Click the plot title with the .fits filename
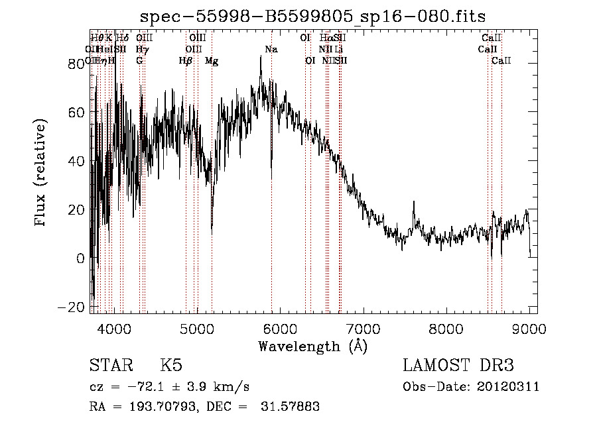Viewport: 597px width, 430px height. pyautogui.click(x=318, y=17)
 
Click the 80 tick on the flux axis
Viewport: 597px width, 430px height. pyautogui.click(x=77, y=64)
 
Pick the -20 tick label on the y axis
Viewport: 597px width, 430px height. pyautogui.click(x=72, y=307)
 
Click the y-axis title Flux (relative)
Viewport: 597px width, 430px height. pyautogui.click(x=41, y=173)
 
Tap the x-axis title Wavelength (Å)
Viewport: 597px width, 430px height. pyautogui.click(x=312, y=346)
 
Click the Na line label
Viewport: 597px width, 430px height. pyautogui.click(x=271, y=50)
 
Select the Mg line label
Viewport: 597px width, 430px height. pyautogui.click(x=212, y=61)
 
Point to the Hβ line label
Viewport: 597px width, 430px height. pyautogui.click(x=186, y=61)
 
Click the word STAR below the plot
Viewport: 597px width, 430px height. pyautogui.click(x=110, y=366)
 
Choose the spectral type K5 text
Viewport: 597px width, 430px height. pyautogui.click(x=171, y=366)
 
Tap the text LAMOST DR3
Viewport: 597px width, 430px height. pyautogui.click(x=458, y=366)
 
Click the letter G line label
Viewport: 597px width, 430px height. pyautogui.click(x=139, y=61)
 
